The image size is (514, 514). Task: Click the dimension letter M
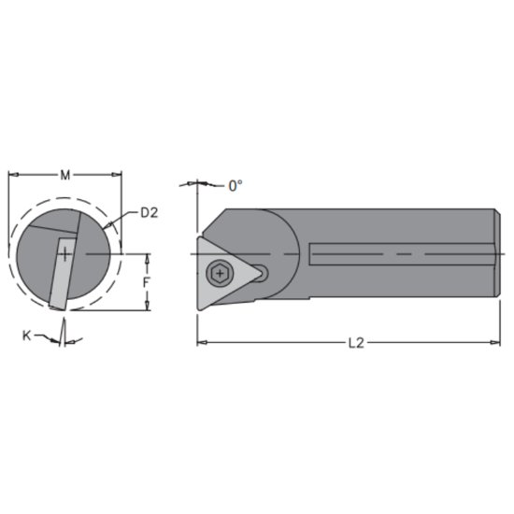pos(64,174)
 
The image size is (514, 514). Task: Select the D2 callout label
pos(148,212)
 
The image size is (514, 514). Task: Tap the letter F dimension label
pos(147,281)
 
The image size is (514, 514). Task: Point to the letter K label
pos(25,334)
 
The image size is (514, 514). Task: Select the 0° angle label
pos(236,185)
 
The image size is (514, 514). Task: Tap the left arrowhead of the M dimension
pos(12,174)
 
